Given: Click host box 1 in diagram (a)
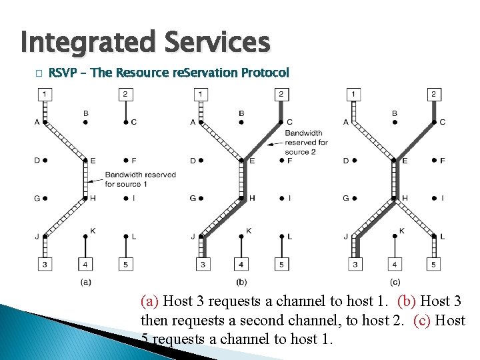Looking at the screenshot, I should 44,94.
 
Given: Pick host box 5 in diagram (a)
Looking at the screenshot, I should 125,265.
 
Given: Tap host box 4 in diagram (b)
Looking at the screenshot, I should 241,265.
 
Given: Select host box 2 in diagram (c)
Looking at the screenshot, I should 433,94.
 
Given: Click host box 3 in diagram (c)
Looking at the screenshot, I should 355,265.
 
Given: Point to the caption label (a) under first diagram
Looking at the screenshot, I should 85,282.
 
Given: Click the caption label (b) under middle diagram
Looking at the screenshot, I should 241,282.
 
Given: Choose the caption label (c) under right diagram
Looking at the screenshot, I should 395,282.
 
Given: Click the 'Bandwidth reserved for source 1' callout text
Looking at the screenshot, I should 140,179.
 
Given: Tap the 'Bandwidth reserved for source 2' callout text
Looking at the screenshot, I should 306,142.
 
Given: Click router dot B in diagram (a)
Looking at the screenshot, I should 85,122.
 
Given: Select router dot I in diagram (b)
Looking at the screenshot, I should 281,198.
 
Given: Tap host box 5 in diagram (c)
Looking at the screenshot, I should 433,265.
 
